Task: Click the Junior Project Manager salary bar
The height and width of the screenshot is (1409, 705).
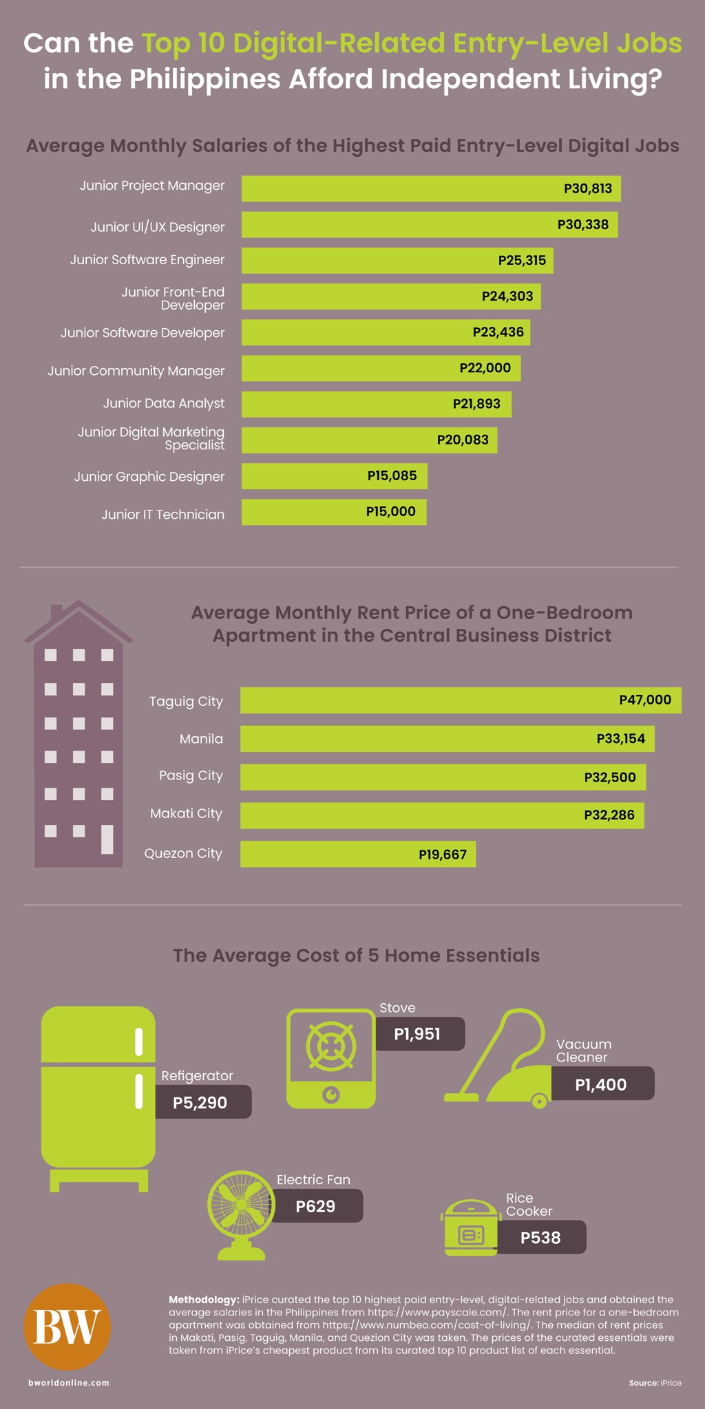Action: (431, 189)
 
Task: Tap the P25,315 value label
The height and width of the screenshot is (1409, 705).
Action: (522, 261)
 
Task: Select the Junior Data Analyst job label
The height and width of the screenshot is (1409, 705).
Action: (164, 403)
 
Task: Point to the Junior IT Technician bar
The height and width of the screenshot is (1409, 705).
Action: (334, 512)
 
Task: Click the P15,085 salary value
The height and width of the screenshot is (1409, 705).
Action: (392, 475)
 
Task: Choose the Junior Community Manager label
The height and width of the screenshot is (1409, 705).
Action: (136, 371)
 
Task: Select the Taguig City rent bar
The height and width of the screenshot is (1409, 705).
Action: (461, 700)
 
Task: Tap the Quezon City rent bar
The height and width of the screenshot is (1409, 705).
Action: (358, 854)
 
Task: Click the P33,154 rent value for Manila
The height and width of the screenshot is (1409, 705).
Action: (621, 739)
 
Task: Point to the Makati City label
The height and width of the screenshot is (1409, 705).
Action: (187, 813)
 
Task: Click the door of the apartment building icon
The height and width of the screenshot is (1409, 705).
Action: (107, 839)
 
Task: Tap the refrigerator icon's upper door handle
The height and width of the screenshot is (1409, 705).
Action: (139, 1042)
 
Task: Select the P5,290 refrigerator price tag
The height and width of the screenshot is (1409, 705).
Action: (203, 1103)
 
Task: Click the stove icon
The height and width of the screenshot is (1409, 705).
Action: (331, 1058)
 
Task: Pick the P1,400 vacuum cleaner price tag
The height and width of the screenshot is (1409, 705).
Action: (602, 1084)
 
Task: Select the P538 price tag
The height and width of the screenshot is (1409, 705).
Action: (540, 1238)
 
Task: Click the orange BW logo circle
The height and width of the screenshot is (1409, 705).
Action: (67, 1326)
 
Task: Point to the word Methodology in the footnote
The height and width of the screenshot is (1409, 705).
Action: (204, 1300)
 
